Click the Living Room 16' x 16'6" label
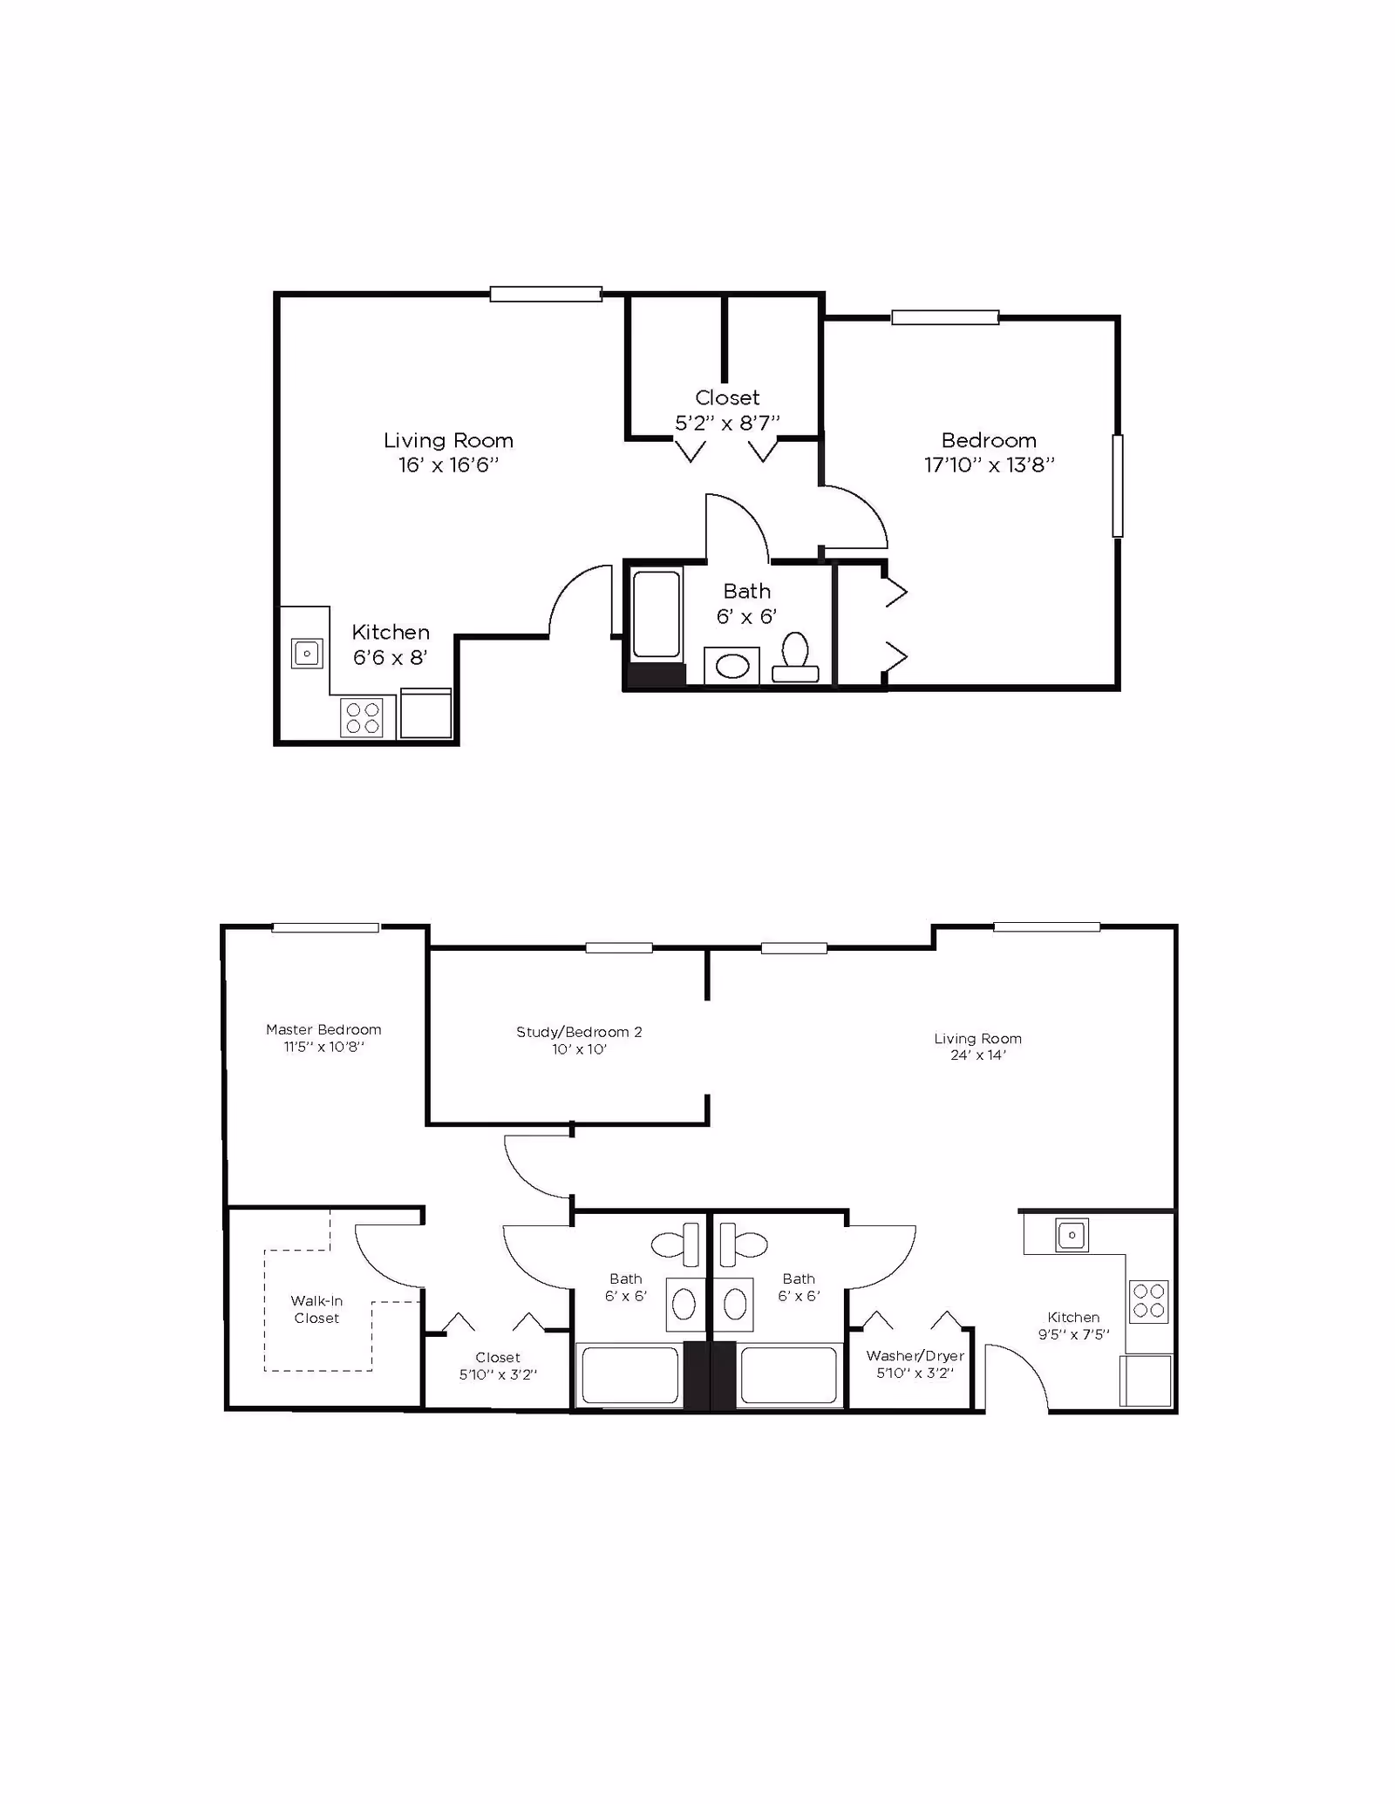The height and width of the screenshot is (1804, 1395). coord(448,452)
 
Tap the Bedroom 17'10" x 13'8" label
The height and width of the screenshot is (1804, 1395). coord(989,452)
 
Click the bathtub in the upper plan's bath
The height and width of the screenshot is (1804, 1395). coord(656,614)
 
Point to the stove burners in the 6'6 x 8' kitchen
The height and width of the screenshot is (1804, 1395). coord(363,718)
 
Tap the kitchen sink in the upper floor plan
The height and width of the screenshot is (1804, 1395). coord(307,653)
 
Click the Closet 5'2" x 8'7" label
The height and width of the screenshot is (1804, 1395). coord(727,410)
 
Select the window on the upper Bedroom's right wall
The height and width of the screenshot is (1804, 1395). coord(1117,485)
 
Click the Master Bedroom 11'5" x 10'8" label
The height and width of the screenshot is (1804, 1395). coord(323,1038)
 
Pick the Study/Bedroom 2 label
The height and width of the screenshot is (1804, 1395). coord(579,1040)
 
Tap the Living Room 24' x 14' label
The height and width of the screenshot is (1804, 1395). coord(977,1046)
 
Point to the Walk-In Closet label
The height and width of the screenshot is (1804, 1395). coord(316,1309)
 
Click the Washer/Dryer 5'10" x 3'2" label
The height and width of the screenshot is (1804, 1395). coord(915,1364)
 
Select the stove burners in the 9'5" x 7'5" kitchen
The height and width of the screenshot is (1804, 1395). coord(1149,1301)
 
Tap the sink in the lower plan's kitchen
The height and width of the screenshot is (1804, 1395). coord(1072,1235)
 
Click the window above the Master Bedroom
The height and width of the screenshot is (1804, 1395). coord(325,927)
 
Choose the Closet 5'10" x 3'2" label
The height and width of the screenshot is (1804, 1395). coord(498,1366)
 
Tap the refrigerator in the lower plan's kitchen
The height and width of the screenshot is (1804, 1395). coord(1146,1380)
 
